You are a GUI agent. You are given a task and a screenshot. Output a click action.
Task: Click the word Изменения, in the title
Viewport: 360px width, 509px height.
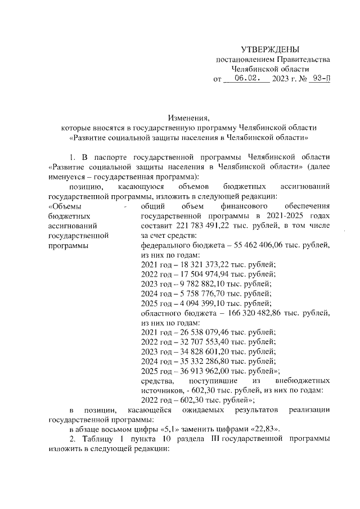188,118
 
